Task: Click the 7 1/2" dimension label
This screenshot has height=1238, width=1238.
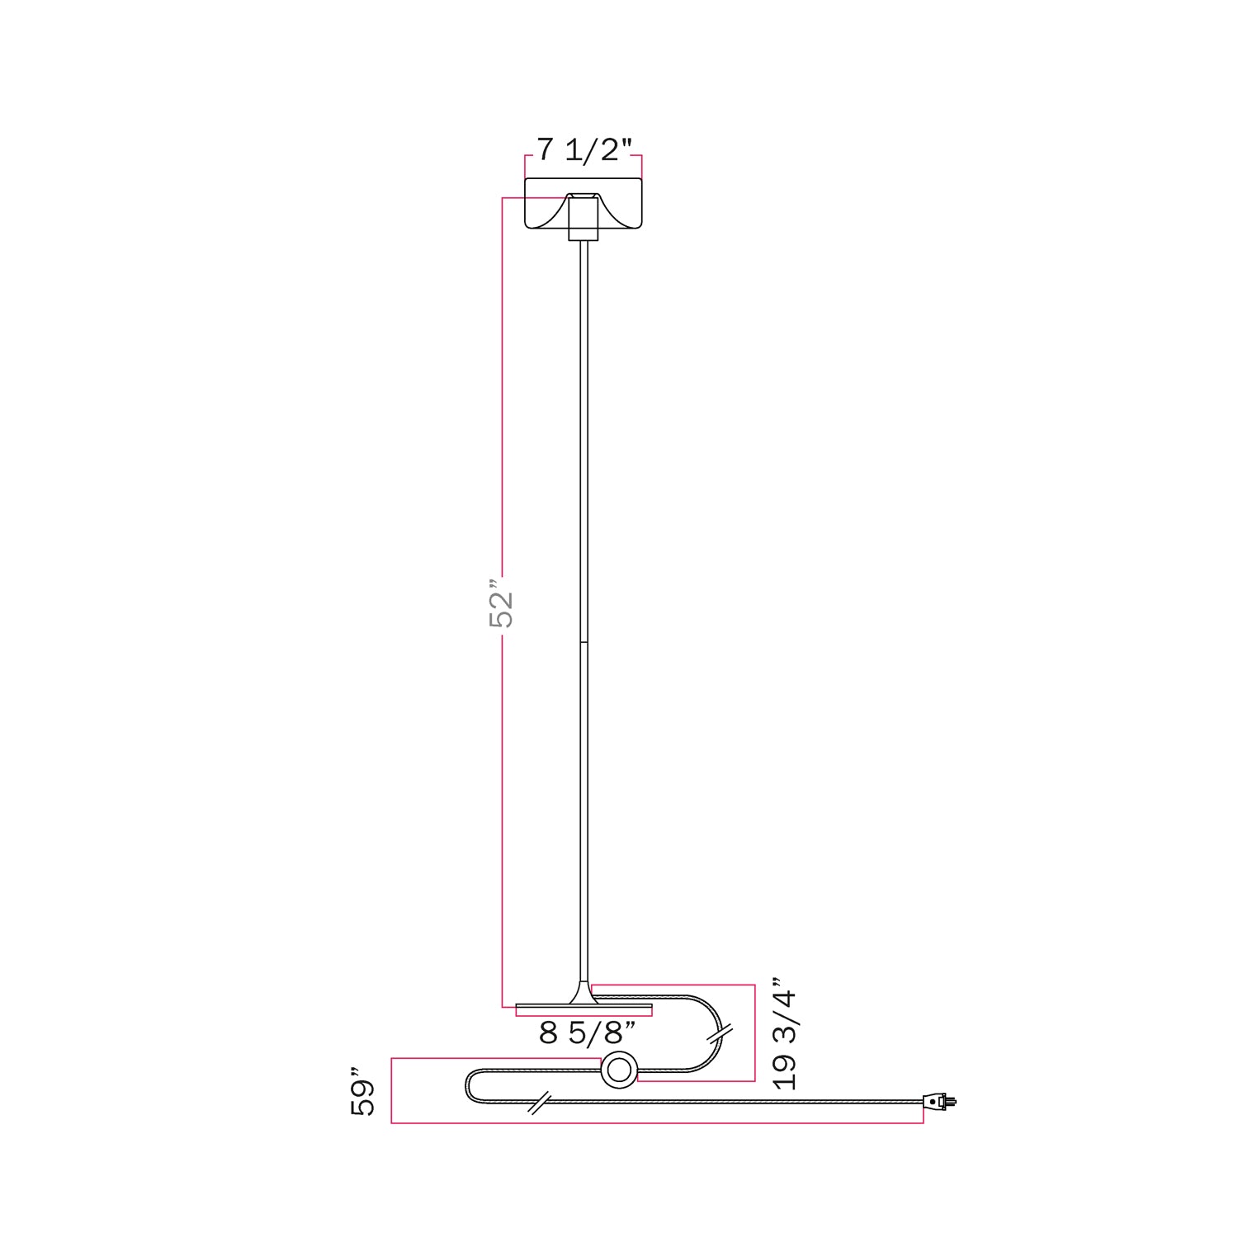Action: (x=584, y=150)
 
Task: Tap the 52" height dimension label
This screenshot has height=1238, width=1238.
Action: (x=501, y=609)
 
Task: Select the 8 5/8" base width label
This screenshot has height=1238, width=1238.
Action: (x=587, y=1032)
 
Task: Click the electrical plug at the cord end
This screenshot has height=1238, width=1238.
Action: (x=938, y=1100)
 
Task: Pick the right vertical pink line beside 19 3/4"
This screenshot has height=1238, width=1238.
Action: (x=755, y=1032)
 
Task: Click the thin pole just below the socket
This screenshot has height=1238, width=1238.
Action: (x=584, y=272)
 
